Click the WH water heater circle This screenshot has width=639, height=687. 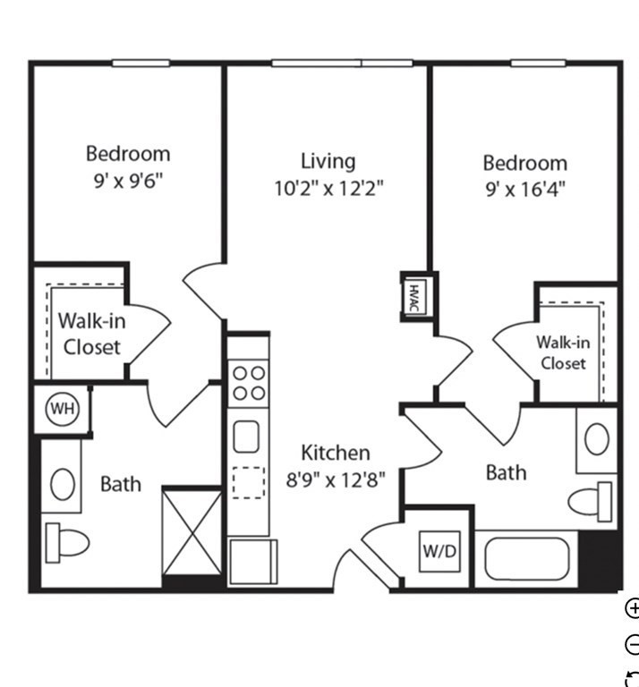tap(63, 409)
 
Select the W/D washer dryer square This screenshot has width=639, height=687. tap(439, 551)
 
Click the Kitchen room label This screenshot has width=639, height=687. tap(336, 453)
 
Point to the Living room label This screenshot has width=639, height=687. tap(328, 161)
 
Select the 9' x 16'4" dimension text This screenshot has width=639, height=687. tap(525, 190)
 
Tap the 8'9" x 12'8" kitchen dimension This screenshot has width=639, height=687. tap(336, 479)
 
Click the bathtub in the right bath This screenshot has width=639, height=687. tap(527, 559)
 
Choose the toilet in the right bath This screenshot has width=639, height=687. tap(591, 502)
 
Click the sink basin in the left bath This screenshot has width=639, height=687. tap(63, 484)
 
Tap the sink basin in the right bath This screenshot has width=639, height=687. tap(596, 438)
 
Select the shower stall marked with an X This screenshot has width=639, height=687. tap(192, 532)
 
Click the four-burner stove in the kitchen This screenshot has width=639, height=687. tap(249, 384)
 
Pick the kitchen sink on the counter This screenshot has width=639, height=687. tap(246, 437)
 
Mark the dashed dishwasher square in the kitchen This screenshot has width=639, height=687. tap(249, 482)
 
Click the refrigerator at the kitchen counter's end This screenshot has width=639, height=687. tap(253, 561)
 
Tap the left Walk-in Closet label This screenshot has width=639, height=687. tap(92, 334)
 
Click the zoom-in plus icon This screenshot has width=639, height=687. tap(633, 608)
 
